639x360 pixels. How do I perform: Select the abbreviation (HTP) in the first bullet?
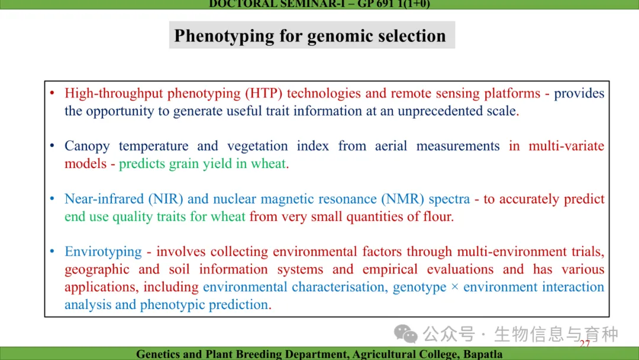264,94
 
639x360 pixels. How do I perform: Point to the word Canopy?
87,146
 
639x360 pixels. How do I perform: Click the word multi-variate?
566,146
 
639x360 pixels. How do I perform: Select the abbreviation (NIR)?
166,199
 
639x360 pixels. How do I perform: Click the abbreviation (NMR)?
403,199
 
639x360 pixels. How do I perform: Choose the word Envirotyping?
103,252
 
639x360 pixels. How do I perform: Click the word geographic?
97,269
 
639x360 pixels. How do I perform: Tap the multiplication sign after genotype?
455,287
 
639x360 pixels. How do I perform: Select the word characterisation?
335,287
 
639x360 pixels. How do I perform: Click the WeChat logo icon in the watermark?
405,334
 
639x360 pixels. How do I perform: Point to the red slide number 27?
585,343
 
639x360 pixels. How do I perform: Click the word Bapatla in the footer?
483,354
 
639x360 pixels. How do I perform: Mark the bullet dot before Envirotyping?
52,251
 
